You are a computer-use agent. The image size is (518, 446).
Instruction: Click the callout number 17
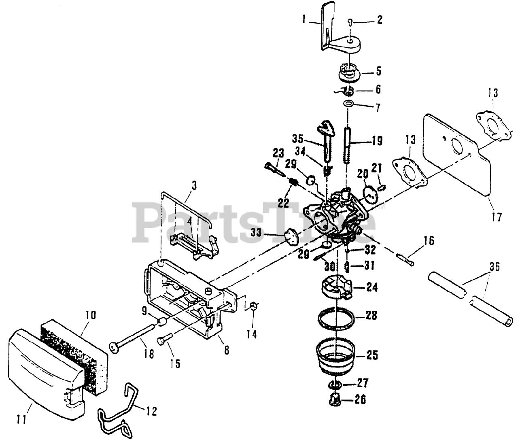(x=497, y=217)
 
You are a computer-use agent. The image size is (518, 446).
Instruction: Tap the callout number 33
(x=256, y=232)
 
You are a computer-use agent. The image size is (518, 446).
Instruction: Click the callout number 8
(x=226, y=350)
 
